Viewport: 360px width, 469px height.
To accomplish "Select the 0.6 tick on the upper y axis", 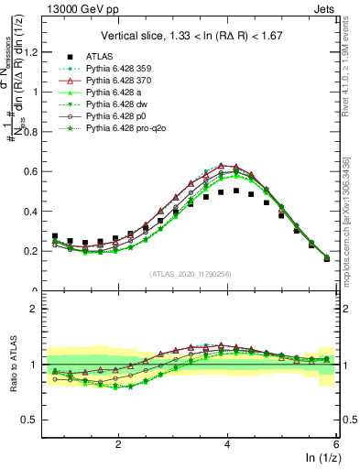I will [34, 171].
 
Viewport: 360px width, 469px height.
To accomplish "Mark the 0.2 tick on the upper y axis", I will [34, 251].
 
